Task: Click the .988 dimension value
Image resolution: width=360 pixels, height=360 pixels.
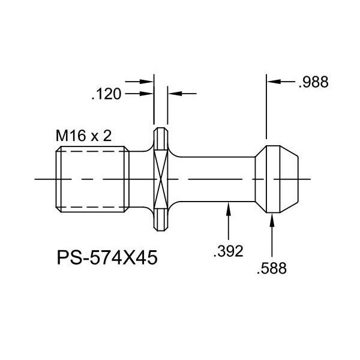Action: (314, 82)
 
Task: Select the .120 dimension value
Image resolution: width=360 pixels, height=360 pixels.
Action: (106, 94)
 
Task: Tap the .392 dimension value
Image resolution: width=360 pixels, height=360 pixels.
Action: (228, 251)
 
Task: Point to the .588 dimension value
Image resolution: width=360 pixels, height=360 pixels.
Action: (272, 268)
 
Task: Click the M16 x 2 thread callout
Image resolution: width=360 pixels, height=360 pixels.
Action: (84, 136)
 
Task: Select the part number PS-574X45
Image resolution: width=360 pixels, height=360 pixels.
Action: (107, 257)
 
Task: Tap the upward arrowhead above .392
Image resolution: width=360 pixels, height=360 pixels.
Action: (229, 209)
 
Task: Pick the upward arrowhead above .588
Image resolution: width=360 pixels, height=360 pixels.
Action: (272, 220)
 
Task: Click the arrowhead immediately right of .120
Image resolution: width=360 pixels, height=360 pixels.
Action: (146, 94)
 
